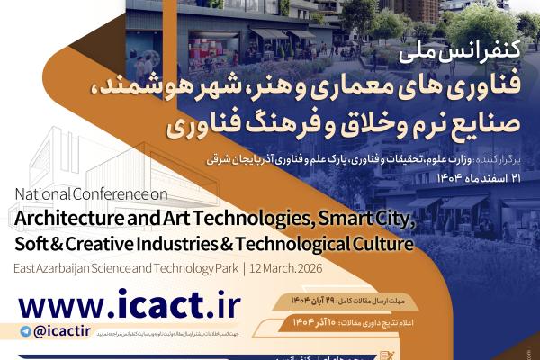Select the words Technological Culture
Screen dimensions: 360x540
click(343, 243)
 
